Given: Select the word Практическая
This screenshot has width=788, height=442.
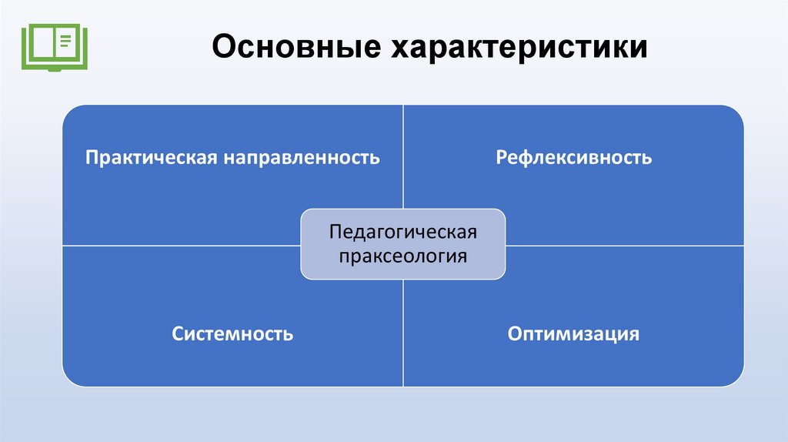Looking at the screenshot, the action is coord(152,158).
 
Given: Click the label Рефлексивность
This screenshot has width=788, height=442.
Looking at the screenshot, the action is coord(573,158).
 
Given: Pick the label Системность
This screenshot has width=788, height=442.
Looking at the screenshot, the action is coord(232,334).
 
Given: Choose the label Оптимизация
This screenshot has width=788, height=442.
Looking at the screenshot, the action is coord(573,334).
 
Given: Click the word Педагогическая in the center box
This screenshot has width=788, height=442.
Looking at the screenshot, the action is coord(403,232).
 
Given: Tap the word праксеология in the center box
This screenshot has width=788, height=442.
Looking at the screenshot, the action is coord(403,255).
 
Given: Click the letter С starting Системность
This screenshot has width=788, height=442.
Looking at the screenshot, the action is coord(178,334).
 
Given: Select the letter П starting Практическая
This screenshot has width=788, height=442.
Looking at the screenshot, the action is coord(92,158).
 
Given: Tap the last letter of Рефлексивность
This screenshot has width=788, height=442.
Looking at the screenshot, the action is coord(647,159).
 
